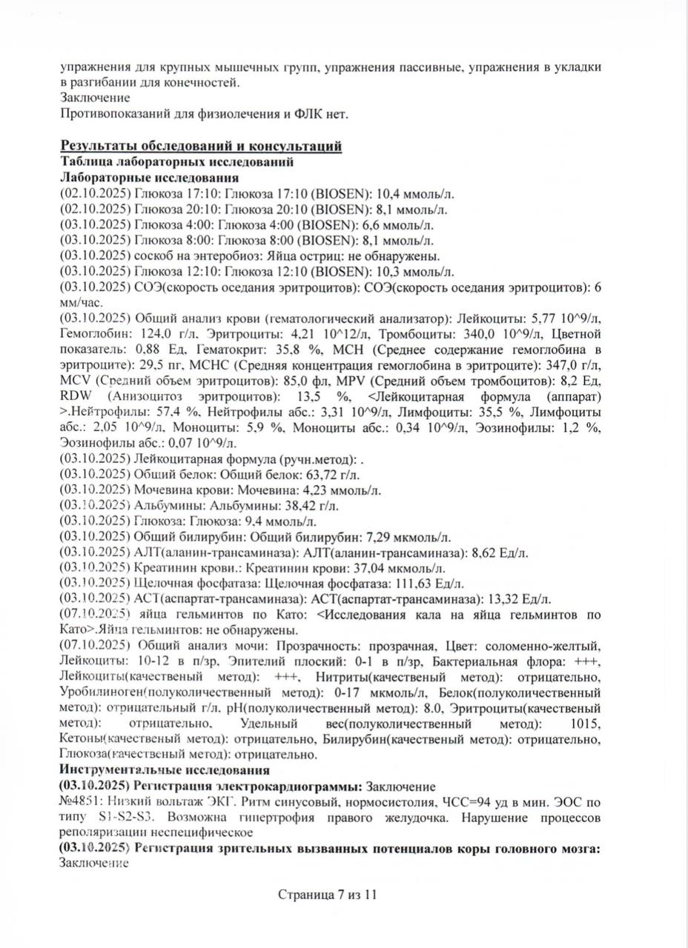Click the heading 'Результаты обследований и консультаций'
201,146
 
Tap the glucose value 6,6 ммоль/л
406,225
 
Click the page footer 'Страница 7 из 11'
328,894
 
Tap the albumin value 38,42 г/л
311,506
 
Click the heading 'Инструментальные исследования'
154,770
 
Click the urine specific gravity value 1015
586,724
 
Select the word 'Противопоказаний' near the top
106,113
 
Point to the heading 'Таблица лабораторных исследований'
176,161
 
